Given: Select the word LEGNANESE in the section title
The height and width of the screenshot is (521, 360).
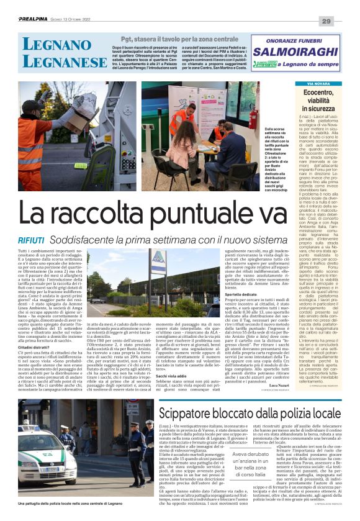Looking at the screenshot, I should tap(59, 62).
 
